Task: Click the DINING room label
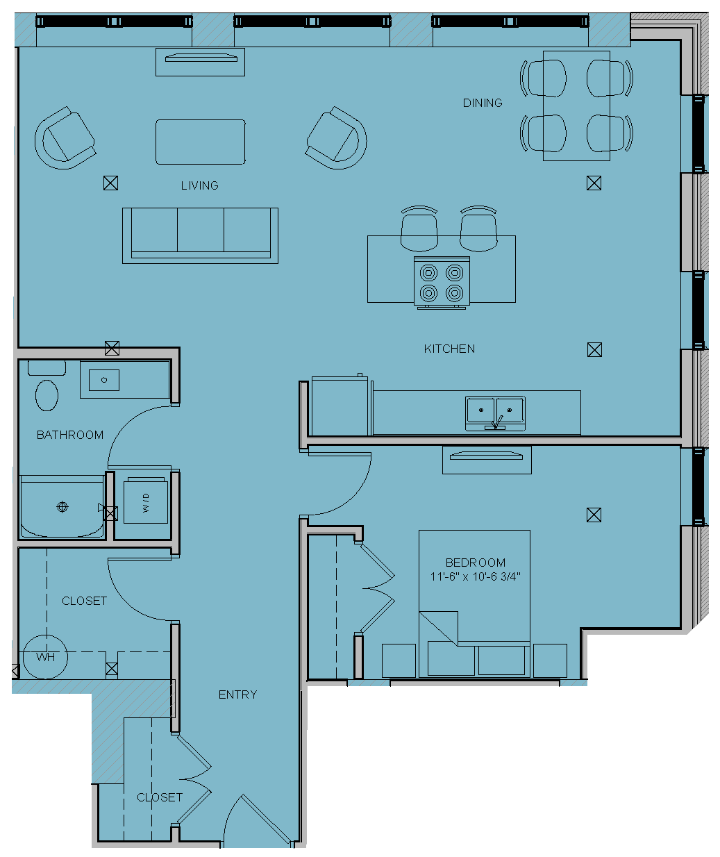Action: [x=483, y=103]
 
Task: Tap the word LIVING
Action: [x=200, y=185]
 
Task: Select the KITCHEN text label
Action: [x=449, y=349]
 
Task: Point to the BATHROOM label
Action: [x=70, y=435]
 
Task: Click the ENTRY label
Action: [x=238, y=694]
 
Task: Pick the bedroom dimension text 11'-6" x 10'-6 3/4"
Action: [x=475, y=576]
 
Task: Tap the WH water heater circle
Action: [x=45, y=657]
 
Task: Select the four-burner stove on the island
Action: [x=442, y=283]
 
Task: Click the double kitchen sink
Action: [x=495, y=413]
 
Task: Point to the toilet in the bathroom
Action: [x=47, y=386]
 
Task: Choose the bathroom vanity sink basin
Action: [x=104, y=380]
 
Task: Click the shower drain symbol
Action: [x=62, y=507]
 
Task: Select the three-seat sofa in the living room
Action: [x=200, y=235]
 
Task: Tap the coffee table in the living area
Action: [x=200, y=142]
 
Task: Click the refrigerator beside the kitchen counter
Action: [x=340, y=405]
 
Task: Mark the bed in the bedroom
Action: [x=474, y=604]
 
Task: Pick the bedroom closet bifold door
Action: [x=378, y=588]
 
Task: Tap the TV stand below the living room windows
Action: [x=200, y=62]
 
